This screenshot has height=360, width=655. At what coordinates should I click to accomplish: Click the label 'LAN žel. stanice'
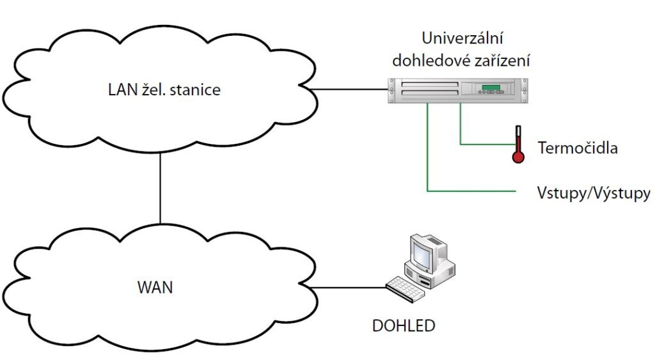point(164,90)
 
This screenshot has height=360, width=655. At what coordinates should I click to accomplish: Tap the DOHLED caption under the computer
point(403,325)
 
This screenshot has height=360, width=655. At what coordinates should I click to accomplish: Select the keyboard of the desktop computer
point(406,289)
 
